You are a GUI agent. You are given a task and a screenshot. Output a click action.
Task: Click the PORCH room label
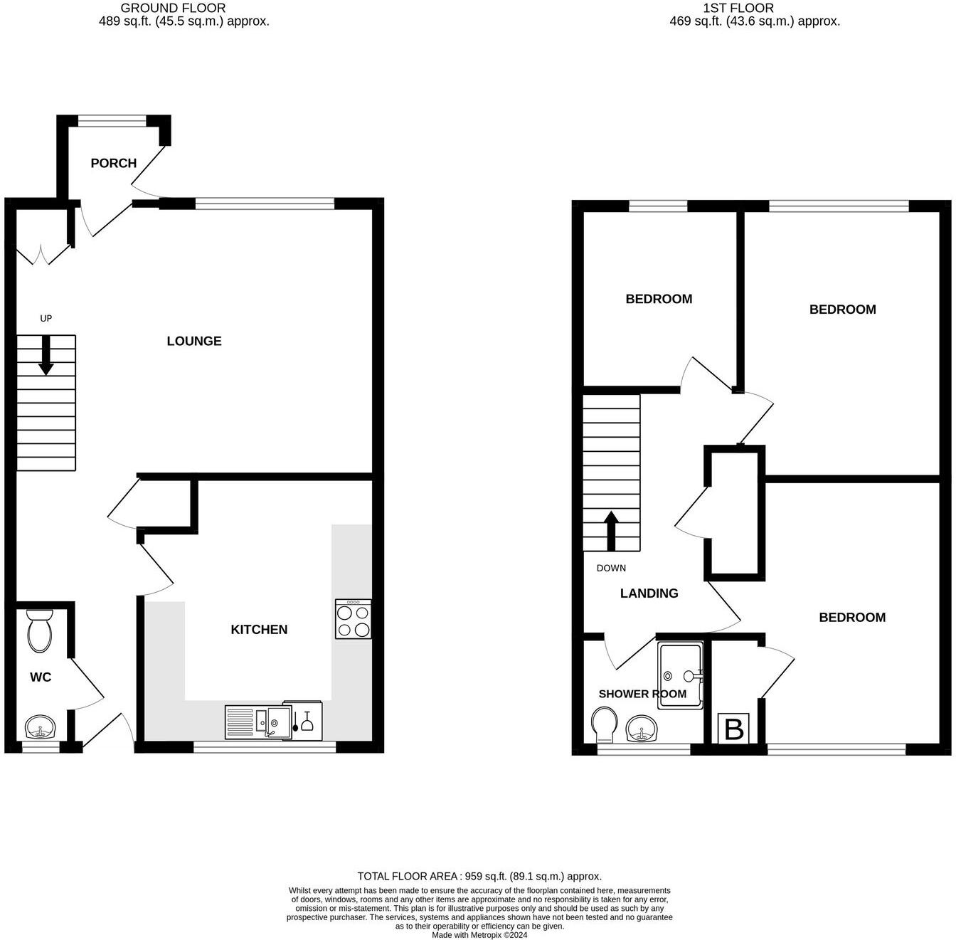point(113,163)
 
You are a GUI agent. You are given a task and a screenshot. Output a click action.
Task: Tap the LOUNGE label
point(193,341)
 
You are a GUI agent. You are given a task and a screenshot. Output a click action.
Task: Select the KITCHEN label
point(259,629)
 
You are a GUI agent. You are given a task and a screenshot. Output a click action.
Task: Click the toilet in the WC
point(38,631)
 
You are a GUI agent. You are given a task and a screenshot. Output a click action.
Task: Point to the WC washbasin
point(41,728)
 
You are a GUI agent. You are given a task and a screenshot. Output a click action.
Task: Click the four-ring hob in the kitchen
point(353,619)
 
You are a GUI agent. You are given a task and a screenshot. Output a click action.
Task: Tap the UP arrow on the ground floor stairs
point(46,355)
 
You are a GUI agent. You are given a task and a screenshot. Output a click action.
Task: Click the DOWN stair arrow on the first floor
point(611,530)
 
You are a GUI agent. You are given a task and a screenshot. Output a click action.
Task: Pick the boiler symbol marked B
point(733,729)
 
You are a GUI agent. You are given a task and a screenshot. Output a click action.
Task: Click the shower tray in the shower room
point(681,675)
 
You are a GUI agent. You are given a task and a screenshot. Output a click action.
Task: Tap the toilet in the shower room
point(604,724)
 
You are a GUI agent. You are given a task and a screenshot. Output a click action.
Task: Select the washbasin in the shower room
point(642,728)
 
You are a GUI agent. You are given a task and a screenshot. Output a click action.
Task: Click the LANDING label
point(649,593)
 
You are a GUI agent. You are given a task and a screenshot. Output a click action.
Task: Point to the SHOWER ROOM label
point(642,694)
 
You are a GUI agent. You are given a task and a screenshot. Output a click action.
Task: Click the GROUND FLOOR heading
point(173,8)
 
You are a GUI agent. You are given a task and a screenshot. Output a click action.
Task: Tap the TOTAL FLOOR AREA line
point(479,876)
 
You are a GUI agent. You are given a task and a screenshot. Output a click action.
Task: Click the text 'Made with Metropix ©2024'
point(479,935)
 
